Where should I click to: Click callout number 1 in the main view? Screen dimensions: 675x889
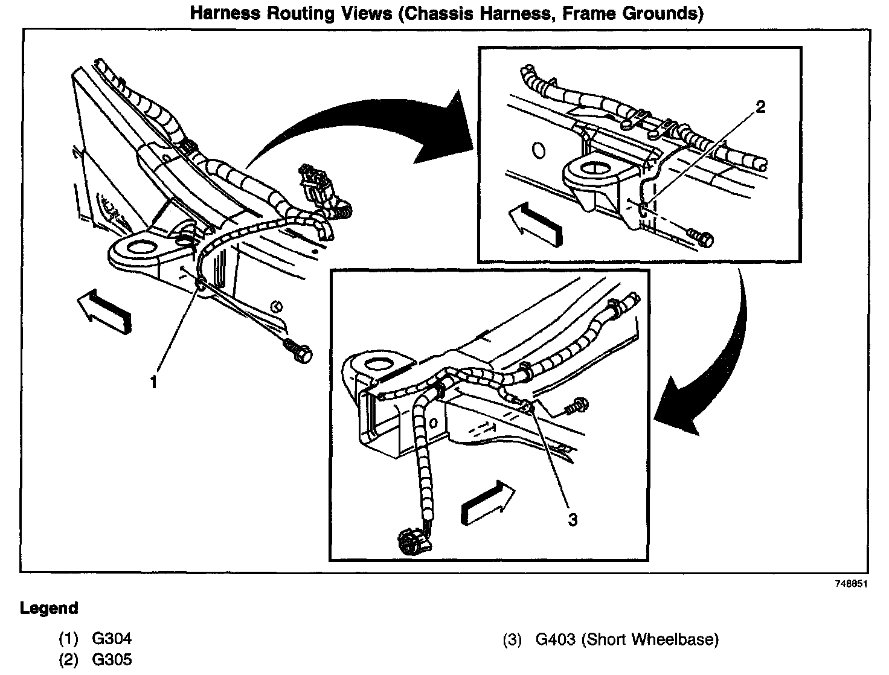[x=154, y=382]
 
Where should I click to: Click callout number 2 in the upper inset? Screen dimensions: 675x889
[x=760, y=107]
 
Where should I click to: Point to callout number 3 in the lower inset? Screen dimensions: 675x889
[x=572, y=519]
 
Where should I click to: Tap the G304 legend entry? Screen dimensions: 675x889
[x=112, y=638]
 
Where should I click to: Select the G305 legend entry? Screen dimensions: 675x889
[x=112, y=659]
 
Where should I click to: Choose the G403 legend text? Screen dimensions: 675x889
[x=556, y=639]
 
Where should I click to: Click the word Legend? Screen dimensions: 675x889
[x=49, y=608]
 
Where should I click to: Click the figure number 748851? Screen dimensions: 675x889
[x=852, y=584]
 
